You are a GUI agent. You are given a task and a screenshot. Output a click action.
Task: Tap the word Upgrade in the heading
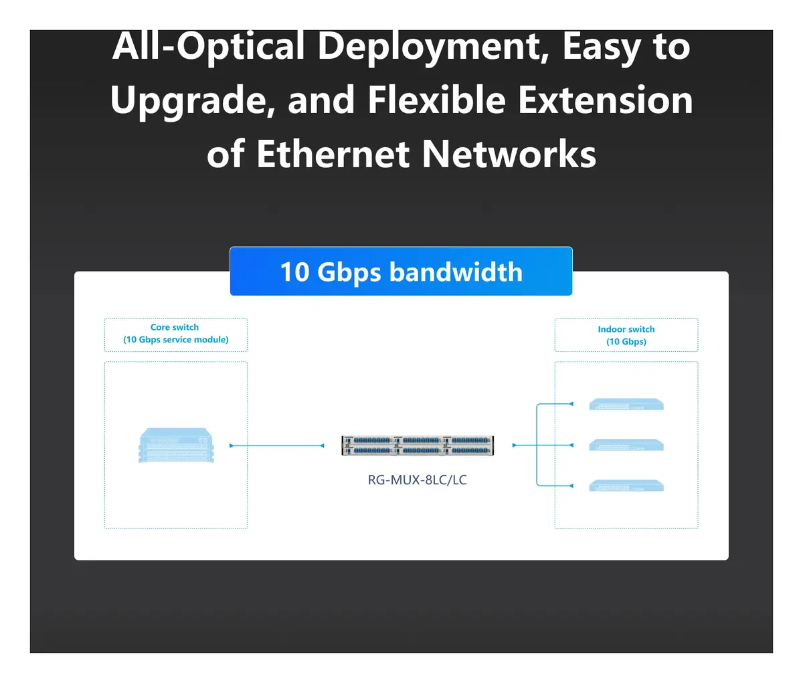pos(193,100)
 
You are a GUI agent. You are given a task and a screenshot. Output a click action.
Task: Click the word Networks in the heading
pos(509,154)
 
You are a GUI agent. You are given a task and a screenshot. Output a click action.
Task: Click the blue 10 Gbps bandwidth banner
pos(401,271)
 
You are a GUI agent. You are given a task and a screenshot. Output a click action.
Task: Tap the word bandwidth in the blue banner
pos(456,272)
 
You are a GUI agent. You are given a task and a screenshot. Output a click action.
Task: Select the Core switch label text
pos(175,327)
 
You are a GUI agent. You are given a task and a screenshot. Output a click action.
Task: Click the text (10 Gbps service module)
pos(176,340)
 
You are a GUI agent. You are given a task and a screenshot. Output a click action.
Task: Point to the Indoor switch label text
pos(626,329)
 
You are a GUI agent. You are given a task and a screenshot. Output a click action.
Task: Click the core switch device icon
pos(176,445)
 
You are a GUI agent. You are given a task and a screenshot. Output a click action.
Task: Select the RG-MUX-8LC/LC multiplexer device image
pos(418,446)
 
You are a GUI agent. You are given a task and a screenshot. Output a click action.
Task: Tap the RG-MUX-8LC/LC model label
pos(418,480)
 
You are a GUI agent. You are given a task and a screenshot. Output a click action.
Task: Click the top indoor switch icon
pos(626,404)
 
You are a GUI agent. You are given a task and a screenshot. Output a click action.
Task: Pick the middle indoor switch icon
pos(626,445)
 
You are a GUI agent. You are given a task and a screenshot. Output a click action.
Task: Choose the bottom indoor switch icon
pos(626,486)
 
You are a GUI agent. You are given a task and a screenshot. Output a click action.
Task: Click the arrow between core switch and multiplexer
pos(276,446)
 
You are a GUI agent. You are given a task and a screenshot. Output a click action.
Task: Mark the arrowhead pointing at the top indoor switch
pos(571,404)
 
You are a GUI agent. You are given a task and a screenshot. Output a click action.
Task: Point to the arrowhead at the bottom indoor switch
pos(571,486)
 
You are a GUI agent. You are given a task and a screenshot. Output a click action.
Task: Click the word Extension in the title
pos(606,100)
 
